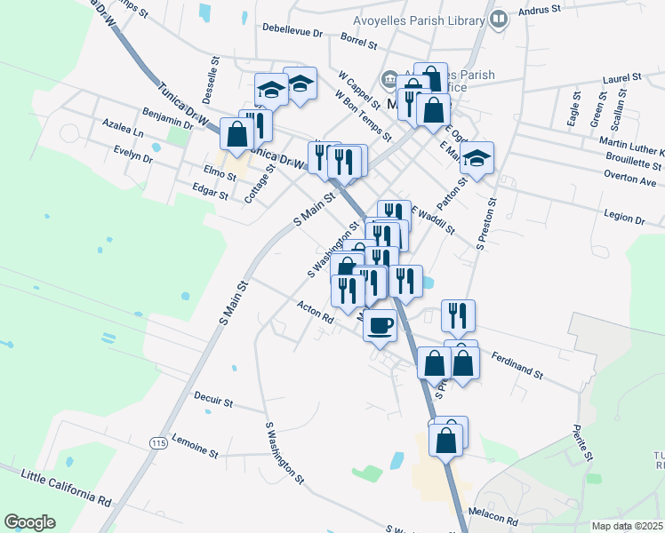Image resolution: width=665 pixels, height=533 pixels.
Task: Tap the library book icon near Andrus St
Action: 500,19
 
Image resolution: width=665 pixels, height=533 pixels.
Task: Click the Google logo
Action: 29,522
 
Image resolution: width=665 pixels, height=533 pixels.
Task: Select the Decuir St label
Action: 213,402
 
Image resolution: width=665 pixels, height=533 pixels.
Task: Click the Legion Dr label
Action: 623,217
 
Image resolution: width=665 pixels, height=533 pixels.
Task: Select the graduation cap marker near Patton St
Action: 477,159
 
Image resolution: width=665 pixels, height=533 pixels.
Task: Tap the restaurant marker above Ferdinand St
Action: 458,315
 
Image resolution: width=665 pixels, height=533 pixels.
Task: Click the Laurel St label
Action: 621,78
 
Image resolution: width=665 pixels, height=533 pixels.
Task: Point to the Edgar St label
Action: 212,188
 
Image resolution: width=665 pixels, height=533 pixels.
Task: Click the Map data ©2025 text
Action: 628,525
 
